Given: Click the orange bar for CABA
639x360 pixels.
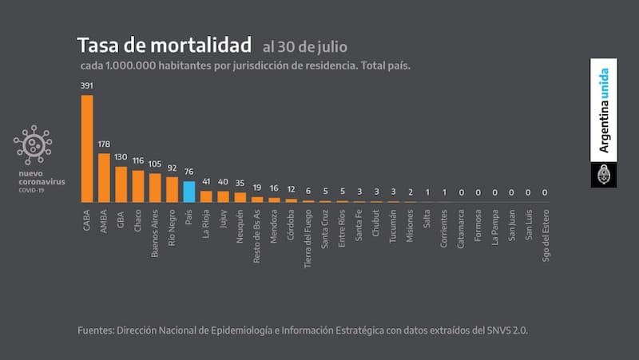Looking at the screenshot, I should [x=87, y=148].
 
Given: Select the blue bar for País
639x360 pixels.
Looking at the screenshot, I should [x=189, y=191].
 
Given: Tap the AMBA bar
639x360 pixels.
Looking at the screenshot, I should [x=104, y=176].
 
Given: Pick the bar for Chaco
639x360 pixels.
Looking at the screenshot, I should [x=138, y=185].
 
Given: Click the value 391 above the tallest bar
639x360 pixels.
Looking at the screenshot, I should [x=86, y=85].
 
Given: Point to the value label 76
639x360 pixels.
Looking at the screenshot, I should [x=189, y=172].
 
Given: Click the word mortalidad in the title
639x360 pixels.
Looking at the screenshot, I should [x=199, y=45].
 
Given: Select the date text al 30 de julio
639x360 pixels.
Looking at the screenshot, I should [x=305, y=46].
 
